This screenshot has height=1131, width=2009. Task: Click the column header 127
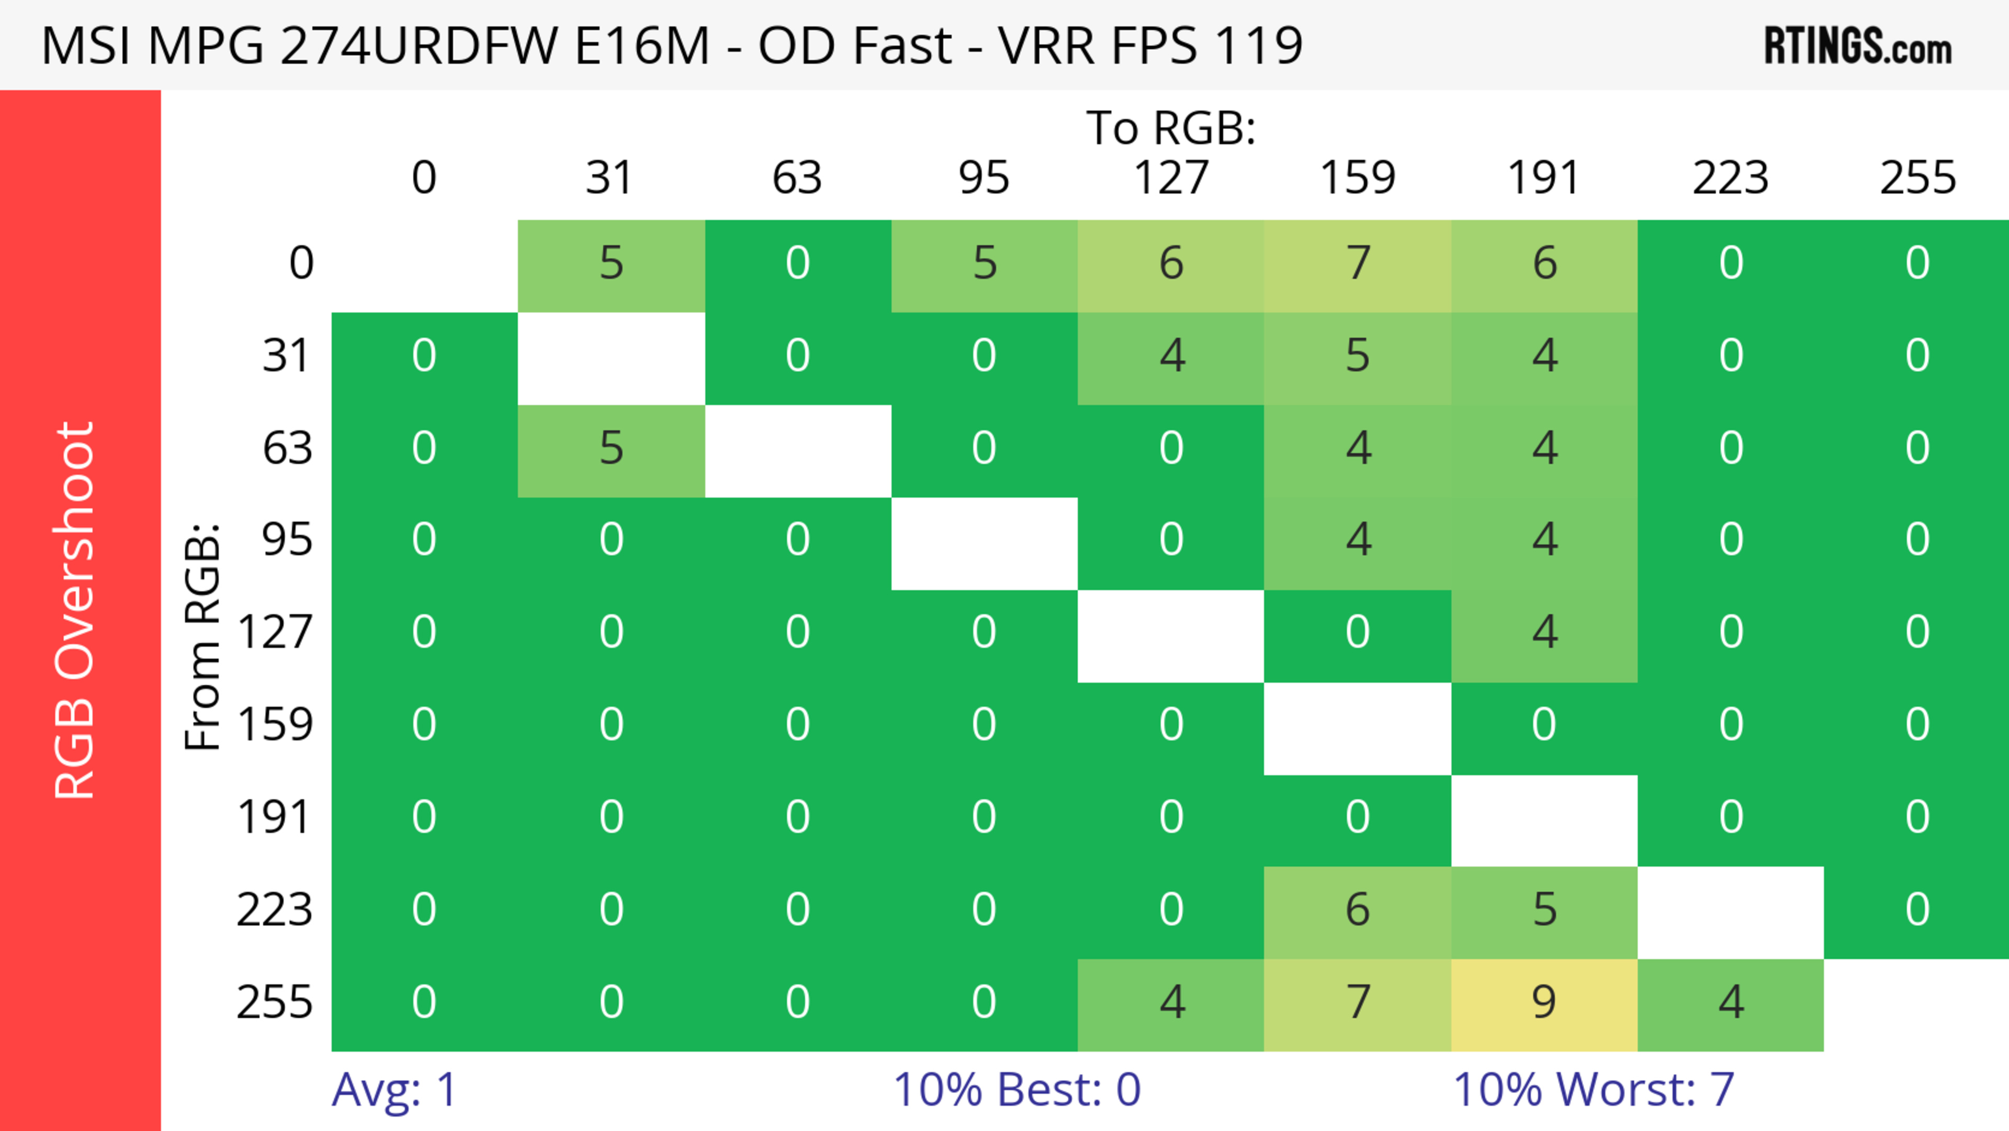pyautogui.click(x=1171, y=178)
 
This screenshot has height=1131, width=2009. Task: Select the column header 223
pyautogui.click(x=1731, y=178)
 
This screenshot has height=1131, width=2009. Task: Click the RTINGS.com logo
pyautogui.click(x=1858, y=47)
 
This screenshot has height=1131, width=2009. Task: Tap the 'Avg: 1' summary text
pyautogui.click(x=394, y=1090)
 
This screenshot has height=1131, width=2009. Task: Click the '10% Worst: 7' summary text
pyautogui.click(x=1593, y=1090)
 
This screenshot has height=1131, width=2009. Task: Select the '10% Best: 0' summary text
pyautogui.click(x=1016, y=1090)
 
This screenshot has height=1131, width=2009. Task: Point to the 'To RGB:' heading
pyautogui.click(x=1171, y=127)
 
